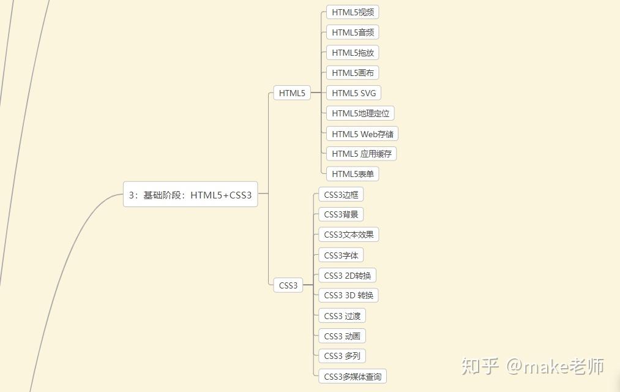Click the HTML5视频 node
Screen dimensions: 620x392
(353, 12)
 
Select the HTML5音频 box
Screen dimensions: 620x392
(353, 32)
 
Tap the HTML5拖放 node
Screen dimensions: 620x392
(353, 53)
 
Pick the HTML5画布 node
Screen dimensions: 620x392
(353, 73)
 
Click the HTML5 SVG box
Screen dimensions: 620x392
(354, 93)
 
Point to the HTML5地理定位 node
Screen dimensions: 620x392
(360, 113)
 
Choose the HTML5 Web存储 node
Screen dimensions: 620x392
(363, 134)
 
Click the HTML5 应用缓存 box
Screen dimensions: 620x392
(362, 154)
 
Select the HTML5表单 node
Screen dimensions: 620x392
(353, 174)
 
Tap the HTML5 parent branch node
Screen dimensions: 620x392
(292, 93)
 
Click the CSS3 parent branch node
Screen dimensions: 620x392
(288, 285)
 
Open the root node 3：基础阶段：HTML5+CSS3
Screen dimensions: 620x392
(190, 195)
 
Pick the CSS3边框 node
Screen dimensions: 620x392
(341, 195)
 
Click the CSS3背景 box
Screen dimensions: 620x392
(341, 214)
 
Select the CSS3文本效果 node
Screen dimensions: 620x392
(348, 235)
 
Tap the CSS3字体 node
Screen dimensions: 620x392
(341, 255)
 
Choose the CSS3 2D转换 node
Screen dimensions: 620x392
(347, 276)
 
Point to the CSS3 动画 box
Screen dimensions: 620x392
(342, 336)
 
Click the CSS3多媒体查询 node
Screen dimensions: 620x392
(353, 376)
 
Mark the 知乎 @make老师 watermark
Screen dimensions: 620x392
(532, 366)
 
